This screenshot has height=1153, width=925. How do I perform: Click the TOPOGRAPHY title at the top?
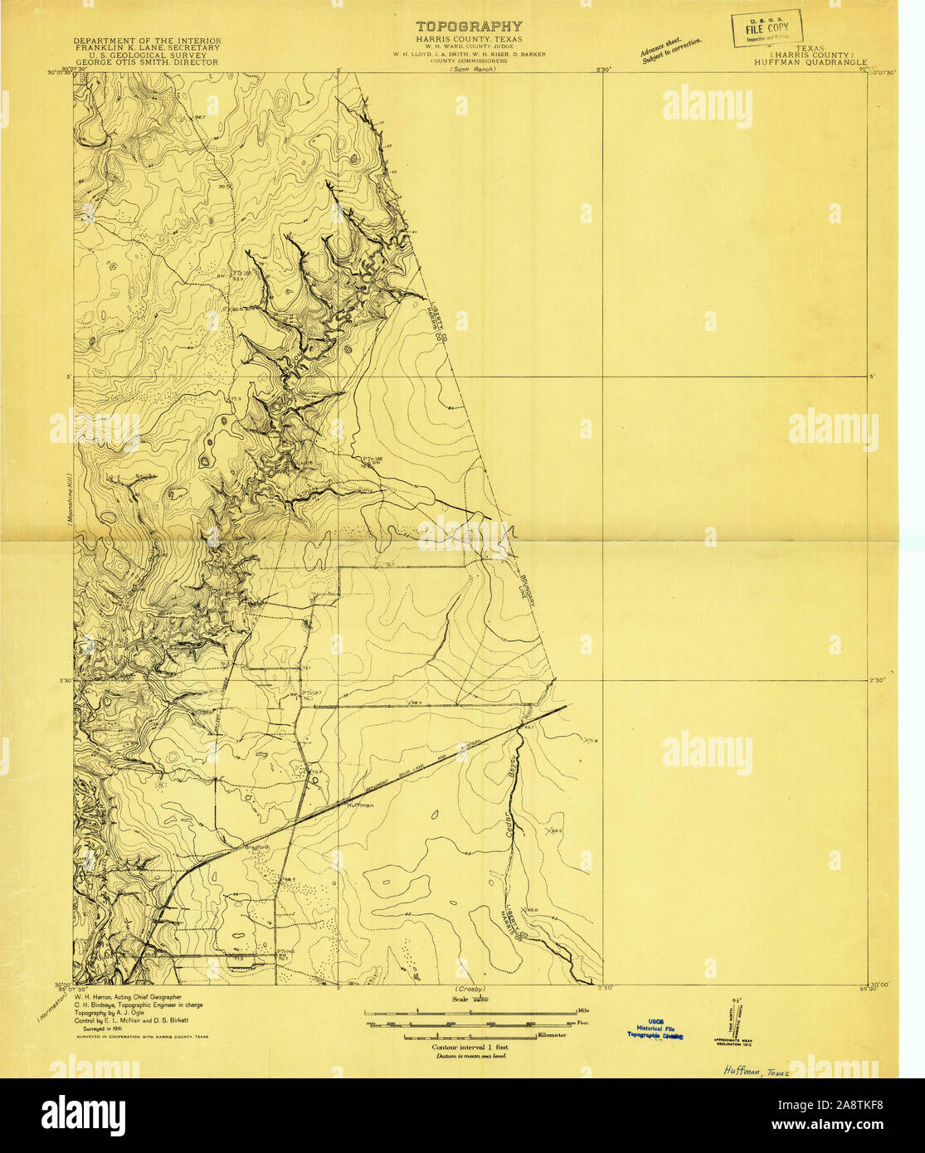click(x=469, y=27)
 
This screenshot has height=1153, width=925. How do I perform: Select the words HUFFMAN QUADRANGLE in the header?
click(x=811, y=62)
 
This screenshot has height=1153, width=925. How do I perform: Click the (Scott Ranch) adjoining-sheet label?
click(x=472, y=70)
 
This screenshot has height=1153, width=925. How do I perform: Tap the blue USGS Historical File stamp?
click(x=655, y=1029)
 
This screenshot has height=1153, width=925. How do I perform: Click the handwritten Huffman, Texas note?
click(x=750, y=1071)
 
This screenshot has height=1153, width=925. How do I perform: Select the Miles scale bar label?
click(x=583, y=1011)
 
